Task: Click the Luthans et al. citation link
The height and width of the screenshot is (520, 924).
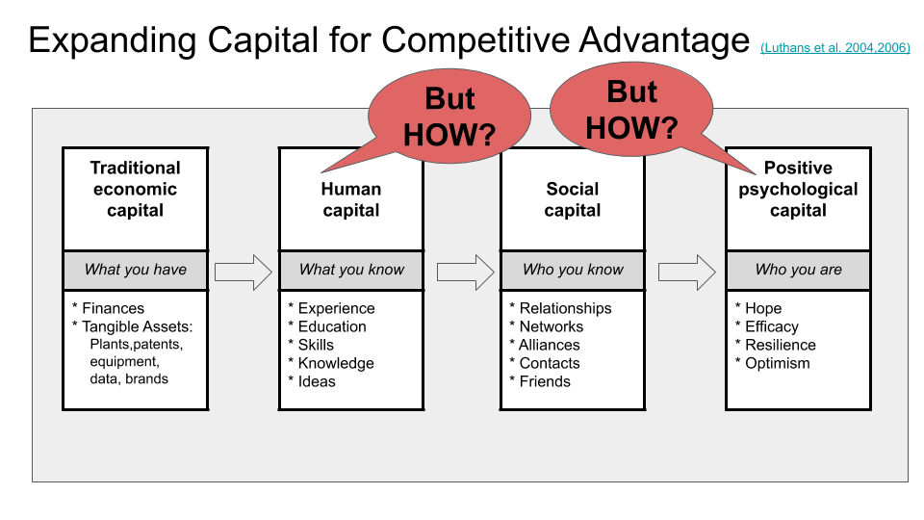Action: point(834,47)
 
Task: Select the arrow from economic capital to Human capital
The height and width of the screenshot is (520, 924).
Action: point(244,272)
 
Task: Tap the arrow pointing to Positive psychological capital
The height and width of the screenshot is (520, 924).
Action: point(687,272)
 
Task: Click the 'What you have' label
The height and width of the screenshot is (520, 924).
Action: point(135,270)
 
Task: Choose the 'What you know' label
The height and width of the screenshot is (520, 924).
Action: point(351,270)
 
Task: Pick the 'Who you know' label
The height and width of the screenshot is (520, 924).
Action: point(573,270)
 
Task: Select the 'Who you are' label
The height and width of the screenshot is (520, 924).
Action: point(798,270)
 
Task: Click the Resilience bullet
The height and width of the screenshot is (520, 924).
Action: point(780,345)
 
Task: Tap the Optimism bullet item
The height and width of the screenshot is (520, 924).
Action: point(777,363)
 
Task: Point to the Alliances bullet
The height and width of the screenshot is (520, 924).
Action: point(549,345)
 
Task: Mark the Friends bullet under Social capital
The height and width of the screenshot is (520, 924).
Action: point(544,381)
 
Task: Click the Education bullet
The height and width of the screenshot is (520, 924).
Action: point(331,326)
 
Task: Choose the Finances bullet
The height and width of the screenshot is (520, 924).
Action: point(113,308)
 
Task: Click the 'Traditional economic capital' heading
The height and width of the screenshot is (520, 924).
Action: point(135,189)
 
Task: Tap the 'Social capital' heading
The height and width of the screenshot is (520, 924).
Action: point(573,199)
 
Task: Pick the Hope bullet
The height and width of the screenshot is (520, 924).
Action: point(762,308)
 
